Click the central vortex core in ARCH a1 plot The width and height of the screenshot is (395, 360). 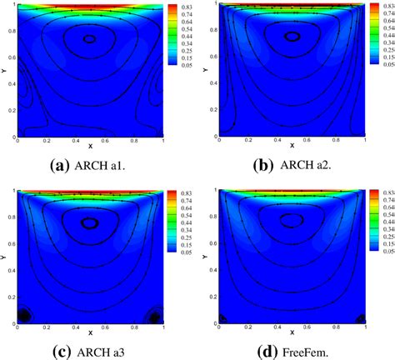[x=89, y=38]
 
